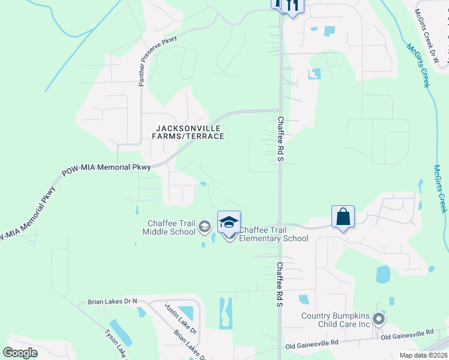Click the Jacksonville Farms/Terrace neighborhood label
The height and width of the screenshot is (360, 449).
tap(188, 132)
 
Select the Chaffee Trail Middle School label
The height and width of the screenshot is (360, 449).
tap(169, 227)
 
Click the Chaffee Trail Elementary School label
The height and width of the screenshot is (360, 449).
tap(274, 234)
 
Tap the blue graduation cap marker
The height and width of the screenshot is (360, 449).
tap(229, 221)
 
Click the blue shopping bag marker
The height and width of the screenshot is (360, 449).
tap(343, 217)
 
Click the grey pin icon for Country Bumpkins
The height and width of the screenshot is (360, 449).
tap(379, 318)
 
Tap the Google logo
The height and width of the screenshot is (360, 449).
tap(20, 353)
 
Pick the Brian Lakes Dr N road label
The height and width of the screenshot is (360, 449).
tap(112, 301)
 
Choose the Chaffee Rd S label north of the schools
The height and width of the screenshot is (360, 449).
tap(280, 139)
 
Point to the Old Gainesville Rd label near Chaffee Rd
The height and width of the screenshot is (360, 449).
tap(312, 345)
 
